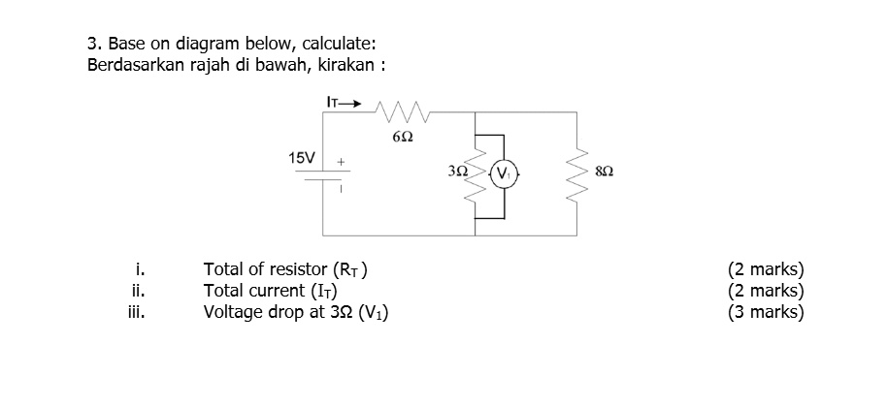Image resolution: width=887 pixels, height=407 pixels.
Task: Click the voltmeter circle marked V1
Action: point(506,175)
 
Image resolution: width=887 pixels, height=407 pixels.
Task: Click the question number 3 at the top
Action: point(93,44)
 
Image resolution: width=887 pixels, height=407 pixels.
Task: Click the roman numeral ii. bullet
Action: point(138,291)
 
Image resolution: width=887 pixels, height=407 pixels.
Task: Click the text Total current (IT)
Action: point(270,291)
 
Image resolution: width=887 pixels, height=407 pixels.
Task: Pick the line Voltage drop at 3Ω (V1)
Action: point(296,312)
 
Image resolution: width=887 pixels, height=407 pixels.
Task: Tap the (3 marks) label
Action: point(766,312)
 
